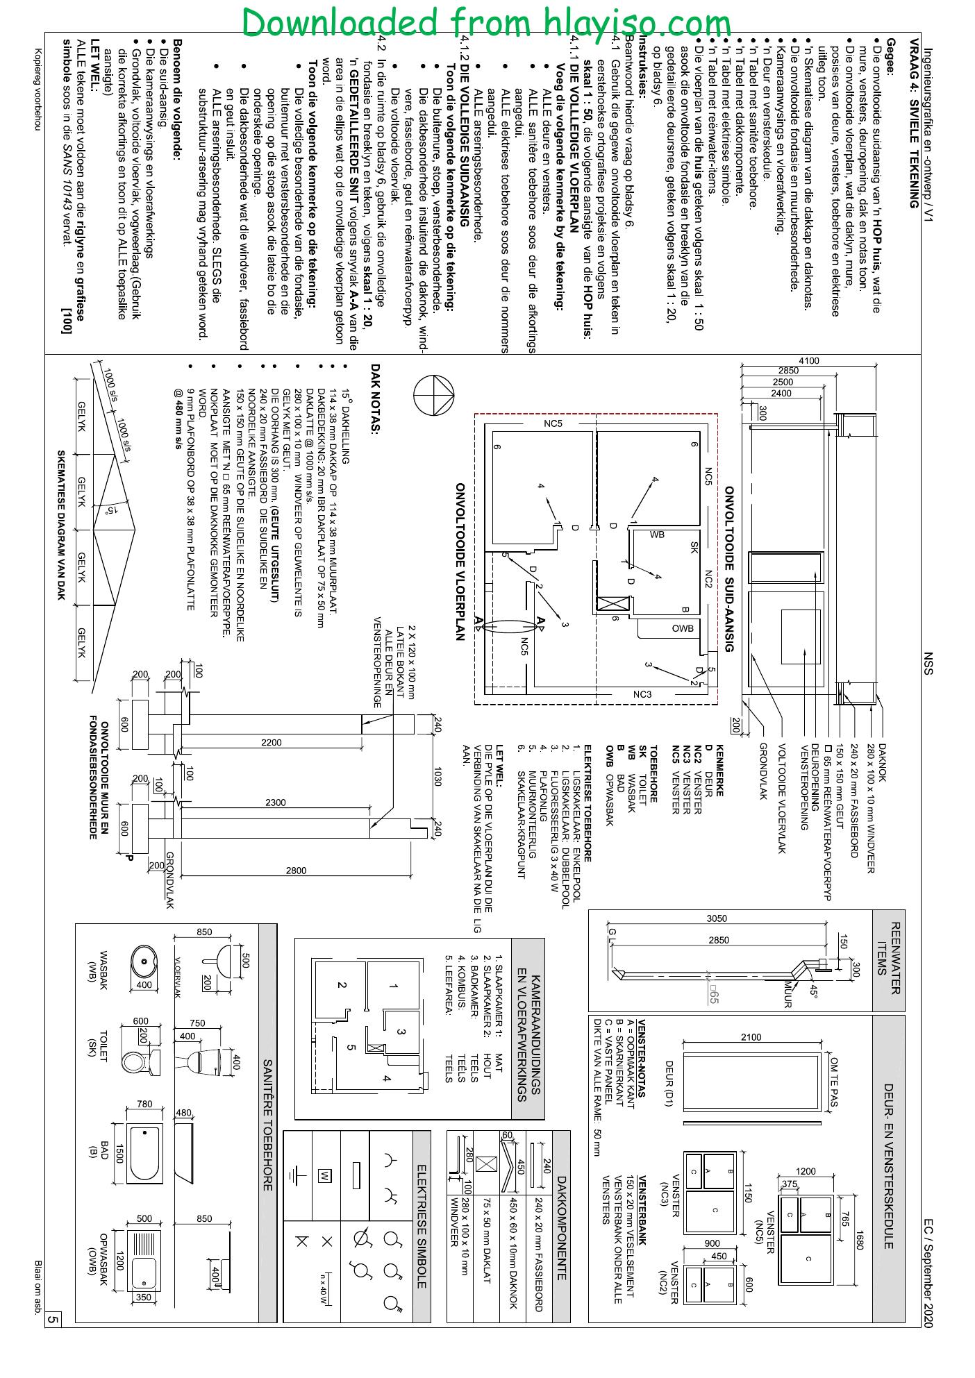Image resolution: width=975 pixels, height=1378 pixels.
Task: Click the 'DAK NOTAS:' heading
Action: coord(376,399)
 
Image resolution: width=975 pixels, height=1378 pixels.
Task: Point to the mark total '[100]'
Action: coord(67,319)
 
